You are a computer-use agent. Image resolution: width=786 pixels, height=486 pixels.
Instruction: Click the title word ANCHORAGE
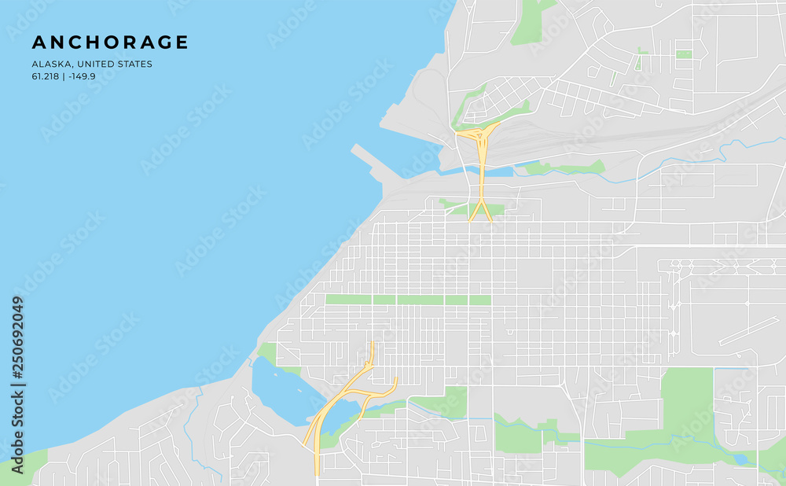click(110, 42)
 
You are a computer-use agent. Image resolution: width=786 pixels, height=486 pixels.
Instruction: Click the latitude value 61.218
click(45, 76)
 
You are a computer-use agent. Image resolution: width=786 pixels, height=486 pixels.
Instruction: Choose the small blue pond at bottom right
click(738, 458)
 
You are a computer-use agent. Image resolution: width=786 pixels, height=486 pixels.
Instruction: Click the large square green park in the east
click(686, 398)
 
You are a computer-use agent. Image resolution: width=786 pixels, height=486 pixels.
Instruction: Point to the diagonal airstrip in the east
click(747, 331)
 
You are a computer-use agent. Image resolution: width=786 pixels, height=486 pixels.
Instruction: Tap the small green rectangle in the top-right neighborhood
click(684, 54)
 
